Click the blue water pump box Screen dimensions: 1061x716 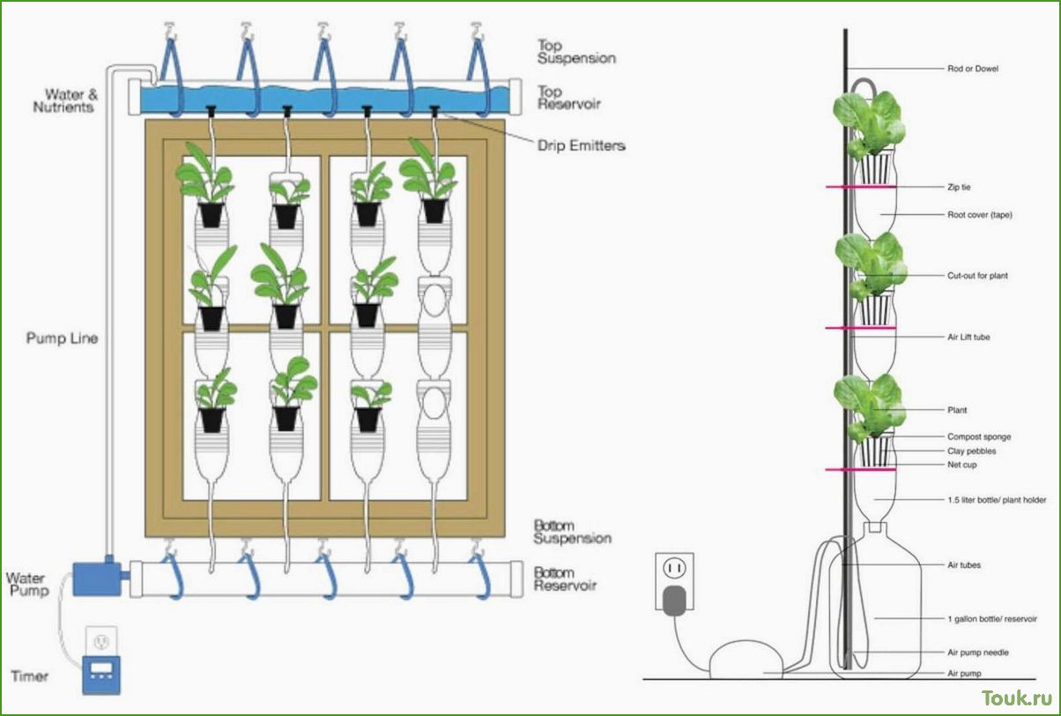coord(97,578)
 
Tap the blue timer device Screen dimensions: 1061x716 coord(101,675)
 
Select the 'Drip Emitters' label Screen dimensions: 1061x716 coord(582,145)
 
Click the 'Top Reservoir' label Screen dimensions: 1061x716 coord(569,98)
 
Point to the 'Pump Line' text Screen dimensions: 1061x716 coord(62,339)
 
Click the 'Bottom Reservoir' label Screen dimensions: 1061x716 coord(565,579)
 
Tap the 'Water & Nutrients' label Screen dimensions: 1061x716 coord(65,101)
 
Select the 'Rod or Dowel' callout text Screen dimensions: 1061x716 coord(973,69)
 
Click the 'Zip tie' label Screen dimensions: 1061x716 coord(959,187)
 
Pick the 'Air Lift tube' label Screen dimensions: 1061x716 coord(968,337)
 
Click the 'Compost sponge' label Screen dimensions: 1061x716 coord(979,436)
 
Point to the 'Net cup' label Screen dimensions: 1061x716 coord(962,465)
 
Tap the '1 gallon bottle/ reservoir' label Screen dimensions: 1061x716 coord(992,619)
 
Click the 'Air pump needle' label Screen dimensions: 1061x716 coord(978,653)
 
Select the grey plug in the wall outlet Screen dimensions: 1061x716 coord(674,600)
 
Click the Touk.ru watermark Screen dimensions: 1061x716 coord(1017,698)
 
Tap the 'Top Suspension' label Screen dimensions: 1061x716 coord(576,52)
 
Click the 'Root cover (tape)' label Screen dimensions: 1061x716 coord(980,214)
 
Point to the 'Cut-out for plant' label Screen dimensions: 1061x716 coord(977,275)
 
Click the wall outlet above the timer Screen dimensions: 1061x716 coord(101,641)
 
